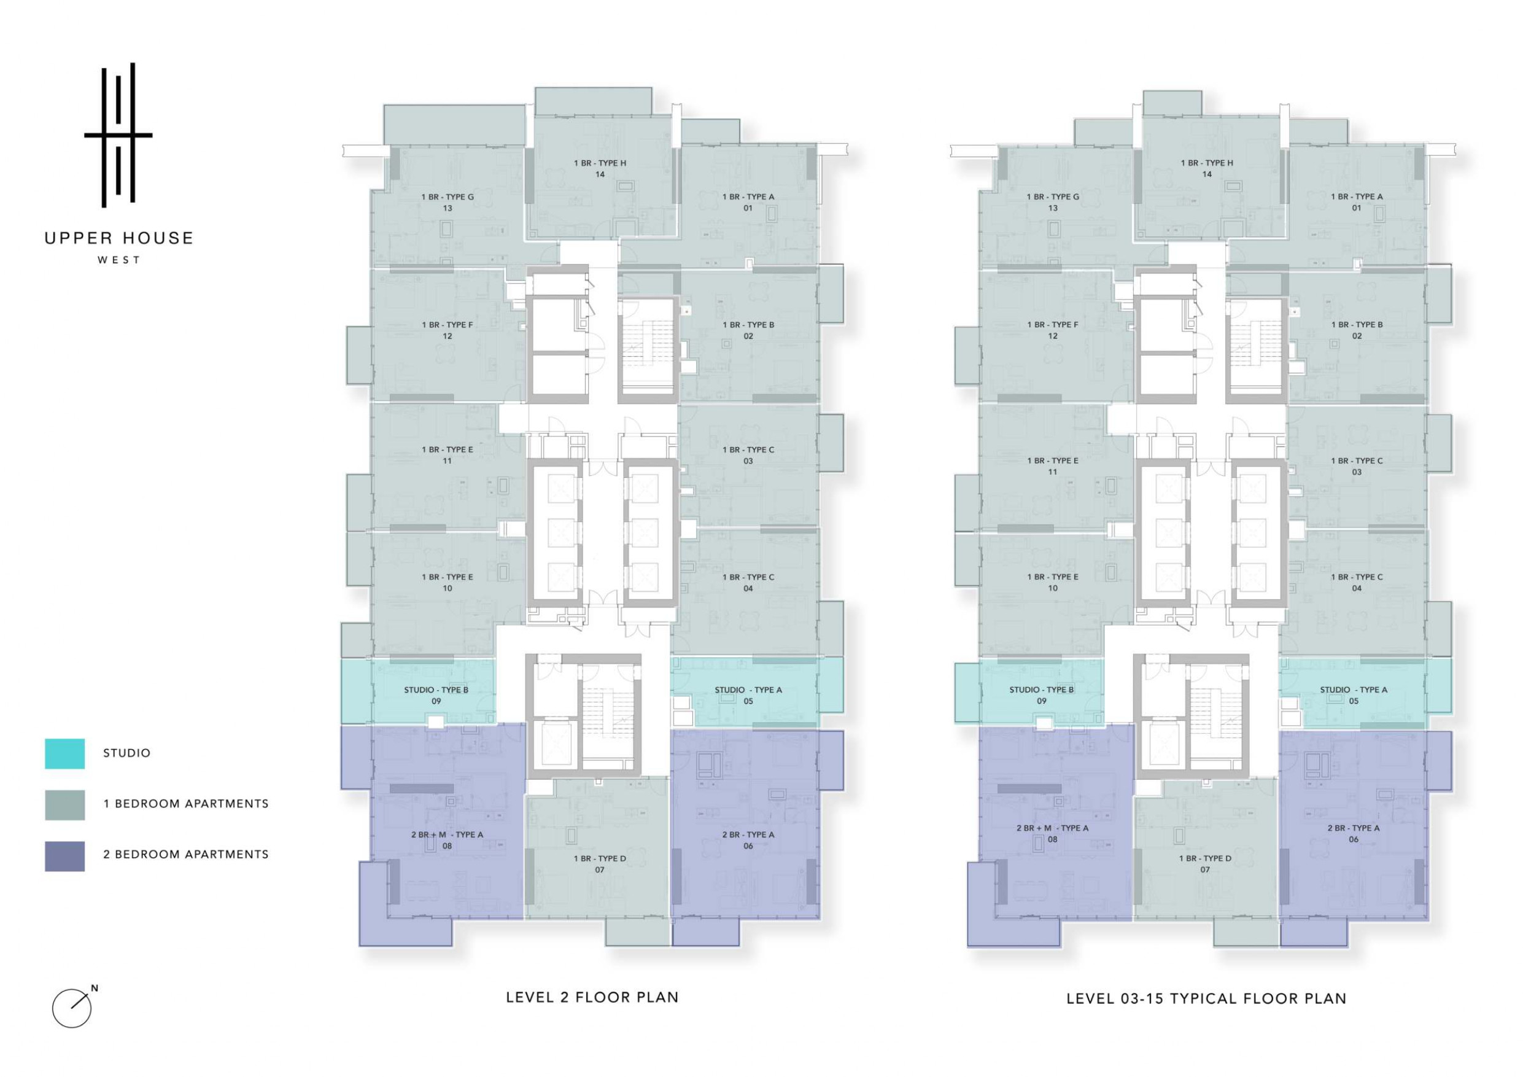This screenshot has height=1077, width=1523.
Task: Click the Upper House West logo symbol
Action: [118, 135]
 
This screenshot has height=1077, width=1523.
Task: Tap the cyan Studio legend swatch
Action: [64, 753]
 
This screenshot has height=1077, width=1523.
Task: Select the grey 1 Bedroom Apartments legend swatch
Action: [64, 804]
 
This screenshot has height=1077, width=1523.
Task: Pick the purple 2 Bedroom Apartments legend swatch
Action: [64, 855]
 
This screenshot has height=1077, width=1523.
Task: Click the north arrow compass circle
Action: [71, 1009]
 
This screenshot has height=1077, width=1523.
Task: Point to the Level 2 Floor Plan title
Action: [592, 997]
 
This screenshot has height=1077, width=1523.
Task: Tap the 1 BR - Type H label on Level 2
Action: [600, 163]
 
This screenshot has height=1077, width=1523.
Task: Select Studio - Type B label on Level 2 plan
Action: [436, 690]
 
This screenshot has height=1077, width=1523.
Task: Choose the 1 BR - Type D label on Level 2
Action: [600, 858]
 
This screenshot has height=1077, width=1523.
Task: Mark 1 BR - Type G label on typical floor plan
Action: [1053, 197]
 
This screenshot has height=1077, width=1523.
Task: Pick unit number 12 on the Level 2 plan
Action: [447, 336]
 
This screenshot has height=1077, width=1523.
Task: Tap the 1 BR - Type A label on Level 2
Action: [748, 197]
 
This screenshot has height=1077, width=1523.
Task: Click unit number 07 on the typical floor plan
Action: [1204, 870]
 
